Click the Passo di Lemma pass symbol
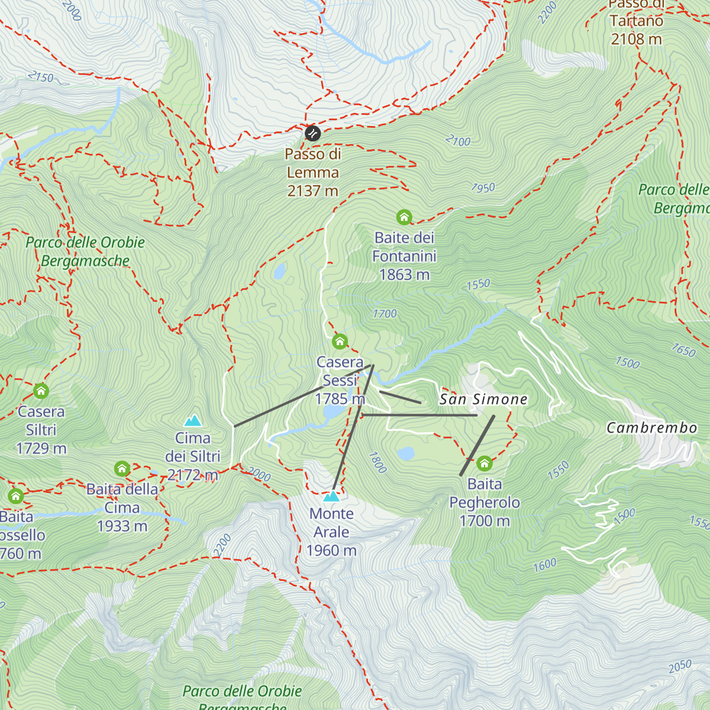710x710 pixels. [312, 133]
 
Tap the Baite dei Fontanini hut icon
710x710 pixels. [404, 217]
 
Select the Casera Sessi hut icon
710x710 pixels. [340, 341]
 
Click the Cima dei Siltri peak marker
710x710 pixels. [193, 421]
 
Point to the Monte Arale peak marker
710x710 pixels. [331, 496]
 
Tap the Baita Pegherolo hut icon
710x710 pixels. [485, 463]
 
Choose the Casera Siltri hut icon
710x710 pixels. [41, 390]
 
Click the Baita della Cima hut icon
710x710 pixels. [122, 469]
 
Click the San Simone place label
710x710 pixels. [483, 399]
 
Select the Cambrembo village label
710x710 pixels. [651, 428]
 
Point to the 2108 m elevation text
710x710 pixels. [636, 40]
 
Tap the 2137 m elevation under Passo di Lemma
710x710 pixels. [312, 191]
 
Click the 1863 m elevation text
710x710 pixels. [404, 275]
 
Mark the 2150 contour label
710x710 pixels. [41, 77]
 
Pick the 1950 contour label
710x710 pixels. [483, 188]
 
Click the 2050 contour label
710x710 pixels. [680, 666]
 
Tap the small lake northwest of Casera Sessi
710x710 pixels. [279, 272]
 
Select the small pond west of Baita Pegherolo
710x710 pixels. [406, 453]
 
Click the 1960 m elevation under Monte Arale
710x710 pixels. [331, 551]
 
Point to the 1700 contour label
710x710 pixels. [385, 314]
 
